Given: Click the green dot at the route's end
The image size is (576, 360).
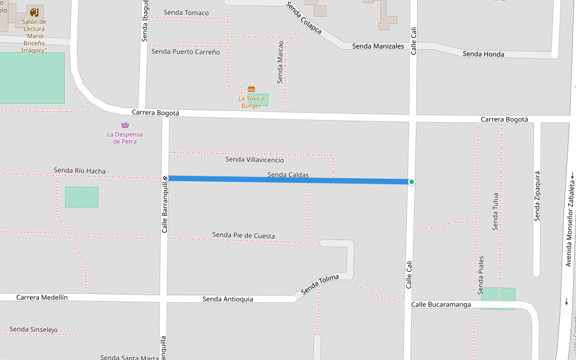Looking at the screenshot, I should coord(411,182).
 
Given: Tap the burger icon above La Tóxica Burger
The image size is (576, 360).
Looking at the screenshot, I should coord(251,89).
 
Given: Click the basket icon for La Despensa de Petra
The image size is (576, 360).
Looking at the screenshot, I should coord(125,125).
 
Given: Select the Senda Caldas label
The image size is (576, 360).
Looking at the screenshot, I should coord(288,175).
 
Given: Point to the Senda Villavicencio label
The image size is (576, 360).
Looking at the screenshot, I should coord(254,160).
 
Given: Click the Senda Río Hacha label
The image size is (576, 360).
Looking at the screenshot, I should coord(80,171).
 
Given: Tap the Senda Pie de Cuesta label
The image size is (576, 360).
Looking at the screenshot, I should coord(244,235).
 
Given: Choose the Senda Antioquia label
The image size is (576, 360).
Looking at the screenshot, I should coord(227,299).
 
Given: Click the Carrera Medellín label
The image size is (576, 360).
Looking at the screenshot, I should coord(42,297).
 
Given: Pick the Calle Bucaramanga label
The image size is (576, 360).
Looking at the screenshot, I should coord(441,305).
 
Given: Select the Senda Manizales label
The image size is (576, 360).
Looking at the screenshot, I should coord(378,46).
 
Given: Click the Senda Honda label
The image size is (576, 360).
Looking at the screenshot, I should coord(483,54).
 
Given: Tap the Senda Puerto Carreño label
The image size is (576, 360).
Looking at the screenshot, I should coord(185,52).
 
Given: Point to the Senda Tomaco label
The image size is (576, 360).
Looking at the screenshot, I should coord(186,13).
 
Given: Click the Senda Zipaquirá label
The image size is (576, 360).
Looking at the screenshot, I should coord(538,196).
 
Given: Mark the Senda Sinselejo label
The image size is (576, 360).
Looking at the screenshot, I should coord(34,329).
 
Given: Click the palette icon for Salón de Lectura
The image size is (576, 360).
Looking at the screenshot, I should coord(34,12).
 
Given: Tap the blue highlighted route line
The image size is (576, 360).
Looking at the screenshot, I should coord(240,179).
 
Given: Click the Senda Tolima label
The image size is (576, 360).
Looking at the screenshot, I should coord(320,284).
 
